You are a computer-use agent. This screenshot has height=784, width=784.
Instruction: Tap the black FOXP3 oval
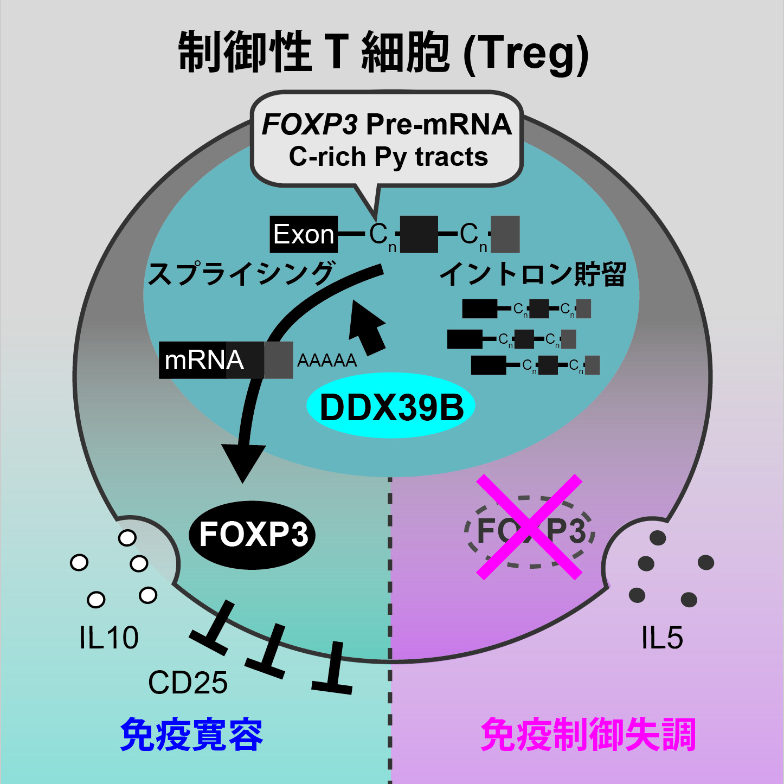[253, 535]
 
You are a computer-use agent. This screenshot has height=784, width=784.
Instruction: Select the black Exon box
[304, 234]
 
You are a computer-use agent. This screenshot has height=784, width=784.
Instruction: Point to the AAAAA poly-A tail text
[327, 361]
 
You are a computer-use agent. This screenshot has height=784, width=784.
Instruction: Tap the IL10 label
[109, 638]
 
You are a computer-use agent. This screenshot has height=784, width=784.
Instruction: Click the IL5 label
[661, 638]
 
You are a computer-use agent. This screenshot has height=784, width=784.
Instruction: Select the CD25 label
[188, 683]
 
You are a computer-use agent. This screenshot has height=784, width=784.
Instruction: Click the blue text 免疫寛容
[191, 735]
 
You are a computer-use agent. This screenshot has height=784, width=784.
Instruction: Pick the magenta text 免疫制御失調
[588, 735]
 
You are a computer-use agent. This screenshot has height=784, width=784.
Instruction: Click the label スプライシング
[241, 274]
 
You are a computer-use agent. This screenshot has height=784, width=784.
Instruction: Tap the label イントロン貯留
[532, 274]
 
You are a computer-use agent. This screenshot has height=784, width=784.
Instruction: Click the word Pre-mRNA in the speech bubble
[439, 125]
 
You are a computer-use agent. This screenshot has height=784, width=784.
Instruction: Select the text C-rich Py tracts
[388, 157]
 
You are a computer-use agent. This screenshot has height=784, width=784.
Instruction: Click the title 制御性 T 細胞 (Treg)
[383, 53]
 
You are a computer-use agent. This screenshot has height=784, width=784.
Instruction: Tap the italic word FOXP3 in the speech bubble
[310, 125]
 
